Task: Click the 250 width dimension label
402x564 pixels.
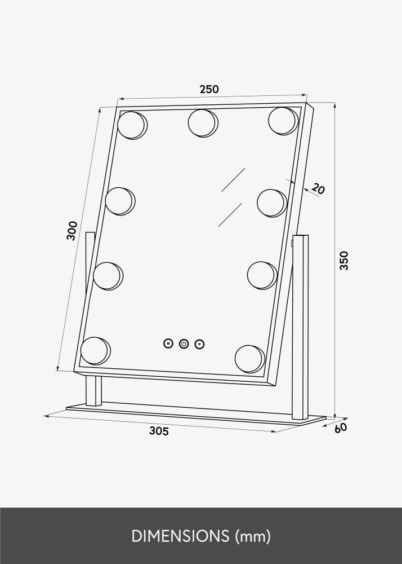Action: [209, 89]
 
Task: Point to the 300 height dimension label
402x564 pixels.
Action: [72, 231]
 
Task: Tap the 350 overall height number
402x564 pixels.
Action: [343, 261]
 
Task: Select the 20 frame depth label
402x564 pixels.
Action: [318, 188]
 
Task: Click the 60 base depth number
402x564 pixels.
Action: [341, 428]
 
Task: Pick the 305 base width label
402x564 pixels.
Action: [159, 431]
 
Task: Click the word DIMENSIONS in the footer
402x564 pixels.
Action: [180, 536]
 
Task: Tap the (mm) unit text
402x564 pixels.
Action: [253, 536]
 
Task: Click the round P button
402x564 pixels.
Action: [199, 344]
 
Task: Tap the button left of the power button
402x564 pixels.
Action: [168, 343]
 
